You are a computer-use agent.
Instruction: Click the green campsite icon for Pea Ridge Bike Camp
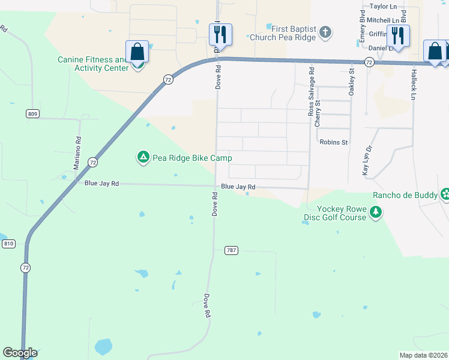pyautogui.click(x=143, y=158)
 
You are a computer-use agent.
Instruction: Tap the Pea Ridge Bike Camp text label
pyautogui.click(x=192, y=158)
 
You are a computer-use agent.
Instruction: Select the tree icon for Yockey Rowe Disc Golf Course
pyautogui.click(x=376, y=212)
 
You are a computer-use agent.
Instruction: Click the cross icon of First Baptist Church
pyautogui.click(x=325, y=32)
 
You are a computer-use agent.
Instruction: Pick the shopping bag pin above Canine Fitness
pyautogui.click(x=137, y=52)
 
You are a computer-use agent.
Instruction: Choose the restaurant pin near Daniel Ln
pyautogui.click(x=397, y=35)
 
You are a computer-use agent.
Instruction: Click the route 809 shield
pyautogui.click(x=33, y=113)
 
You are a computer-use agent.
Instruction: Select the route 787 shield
pyautogui.click(x=231, y=250)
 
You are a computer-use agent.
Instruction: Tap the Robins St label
pyautogui.click(x=334, y=142)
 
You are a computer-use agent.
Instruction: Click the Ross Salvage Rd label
pyautogui.click(x=311, y=96)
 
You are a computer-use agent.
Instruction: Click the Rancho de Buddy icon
pyautogui.click(x=444, y=194)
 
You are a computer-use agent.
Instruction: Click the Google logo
pyautogui.click(x=20, y=353)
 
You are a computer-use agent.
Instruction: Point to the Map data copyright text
pyautogui.click(x=424, y=355)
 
